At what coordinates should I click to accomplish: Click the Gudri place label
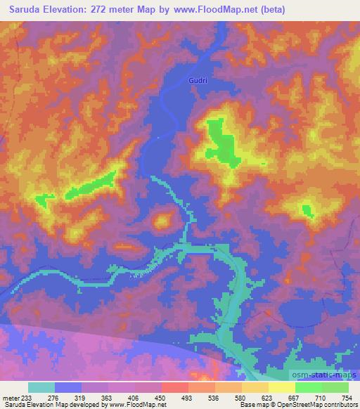click(198, 81)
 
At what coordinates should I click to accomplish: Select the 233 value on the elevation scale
click(29, 398)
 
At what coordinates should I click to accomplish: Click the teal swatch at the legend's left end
click(41, 387)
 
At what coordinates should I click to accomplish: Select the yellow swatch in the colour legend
click(281, 387)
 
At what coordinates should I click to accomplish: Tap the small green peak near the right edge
click(307, 209)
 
